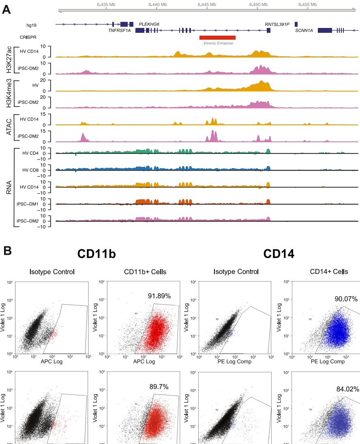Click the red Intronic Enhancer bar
click(217, 37)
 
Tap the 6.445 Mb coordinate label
click(207, 4)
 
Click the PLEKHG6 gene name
click(149, 24)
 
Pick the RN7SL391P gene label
click(277, 24)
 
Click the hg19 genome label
click(31, 25)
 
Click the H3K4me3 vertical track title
click(9, 94)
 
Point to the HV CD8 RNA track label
click(30, 170)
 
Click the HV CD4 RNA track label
click(30, 153)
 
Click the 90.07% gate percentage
click(346, 299)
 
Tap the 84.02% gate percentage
click(347, 389)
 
